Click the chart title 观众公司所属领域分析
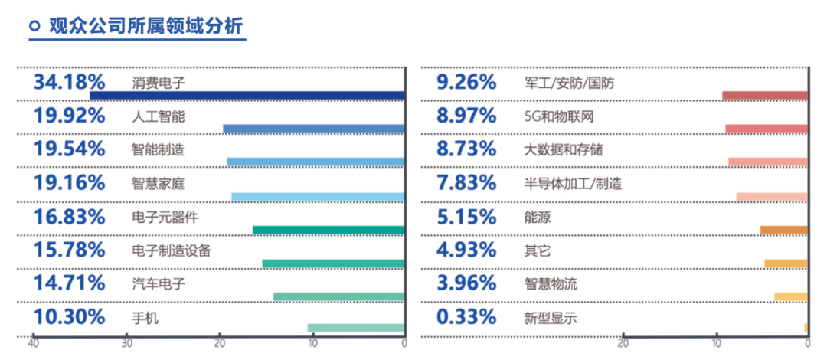pyautogui.click(x=146, y=25)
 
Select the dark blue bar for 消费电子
pyautogui.click(x=247, y=96)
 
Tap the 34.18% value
pyautogui.click(x=69, y=83)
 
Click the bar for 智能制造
pyautogui.click(x=315, y=162)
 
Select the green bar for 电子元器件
pyautogui.click(x=328, y=230)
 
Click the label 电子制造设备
pyautogui.click(x=172, y=250)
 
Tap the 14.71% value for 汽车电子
pyautogui.click(x=69, y=283)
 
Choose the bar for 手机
pyautogui.click(x=355, y=328)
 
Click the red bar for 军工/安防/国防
pyautogui.click(x=765, y=96)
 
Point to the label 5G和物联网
pyautogui.click(x=559, y=116)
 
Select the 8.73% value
pyautogui.click(x=466, y=149)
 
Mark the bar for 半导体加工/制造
pyautogui.click(x=772, y=197)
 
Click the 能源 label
pyautogui.click(x=538, y=217)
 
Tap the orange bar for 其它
pyautogui.click(x=786, y=263)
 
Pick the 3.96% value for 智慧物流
pyautogui.click(x=466, y=283)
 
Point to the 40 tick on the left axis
pyautogui.click(x=33, y=344)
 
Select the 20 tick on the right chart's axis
pyautogui.click(x=623, y=344)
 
